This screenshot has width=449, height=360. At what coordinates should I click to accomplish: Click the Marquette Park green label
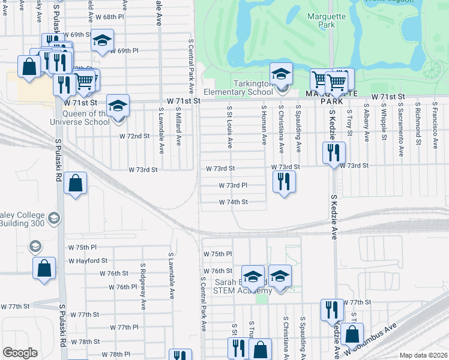click(326, 21)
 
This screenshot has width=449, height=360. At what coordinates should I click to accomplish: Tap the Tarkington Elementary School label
click(238, 88)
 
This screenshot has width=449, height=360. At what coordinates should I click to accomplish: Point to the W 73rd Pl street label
click(233, 186)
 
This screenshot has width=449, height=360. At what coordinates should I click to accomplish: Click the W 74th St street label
click(234, 202)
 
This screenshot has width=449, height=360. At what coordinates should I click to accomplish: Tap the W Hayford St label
click(88, 261)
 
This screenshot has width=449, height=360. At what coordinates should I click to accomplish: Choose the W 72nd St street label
click(134, 136)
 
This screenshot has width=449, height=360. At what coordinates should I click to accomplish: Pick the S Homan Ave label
click(264, 124)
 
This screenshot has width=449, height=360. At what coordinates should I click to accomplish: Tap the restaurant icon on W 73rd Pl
click(284, 181)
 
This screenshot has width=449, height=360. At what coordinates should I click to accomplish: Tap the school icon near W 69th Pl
click(102, 40)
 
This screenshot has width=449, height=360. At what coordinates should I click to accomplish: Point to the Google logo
click(20, 353)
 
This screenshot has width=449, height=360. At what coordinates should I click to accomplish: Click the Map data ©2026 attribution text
click(423, 355)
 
